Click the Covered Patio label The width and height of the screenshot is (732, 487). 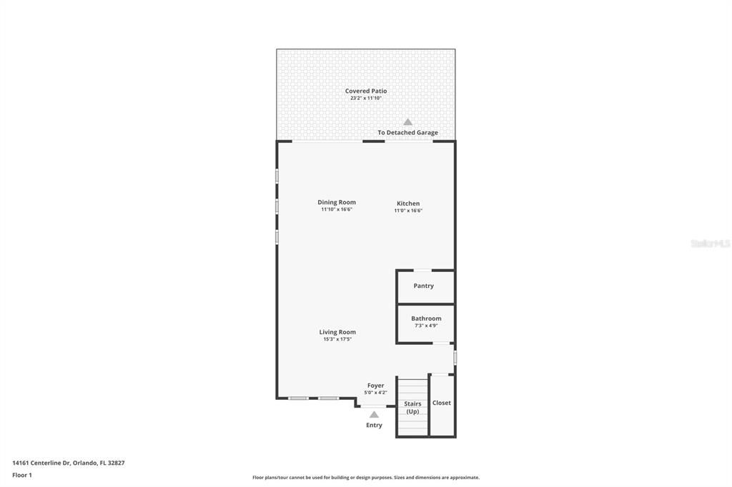[365, 91]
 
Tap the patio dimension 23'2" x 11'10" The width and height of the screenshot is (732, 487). [365, 98]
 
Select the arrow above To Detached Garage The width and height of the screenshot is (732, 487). [407, 122]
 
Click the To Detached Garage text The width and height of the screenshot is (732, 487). [407, 133]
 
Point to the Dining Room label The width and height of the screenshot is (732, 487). [337, 202]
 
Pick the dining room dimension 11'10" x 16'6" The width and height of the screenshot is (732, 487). [337, 209]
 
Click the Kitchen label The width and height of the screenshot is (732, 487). [408, 204]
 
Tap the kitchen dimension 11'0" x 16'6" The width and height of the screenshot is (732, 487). [408, 211]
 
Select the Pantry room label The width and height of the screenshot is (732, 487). [423, 286]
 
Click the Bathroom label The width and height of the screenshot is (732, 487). [426, 318]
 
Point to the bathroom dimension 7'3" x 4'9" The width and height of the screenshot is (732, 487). [426, 326]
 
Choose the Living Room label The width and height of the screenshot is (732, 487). [337, 332]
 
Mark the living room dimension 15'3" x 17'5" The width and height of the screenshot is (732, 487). [337, 339]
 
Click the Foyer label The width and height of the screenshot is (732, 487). [375, 386]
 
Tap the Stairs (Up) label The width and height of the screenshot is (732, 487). [412, 408]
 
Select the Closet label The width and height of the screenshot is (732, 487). [442, 403]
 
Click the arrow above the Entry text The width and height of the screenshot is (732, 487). [374, 414]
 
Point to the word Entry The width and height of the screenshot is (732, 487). [374, 425]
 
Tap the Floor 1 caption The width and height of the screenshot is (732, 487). [22, 475]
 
